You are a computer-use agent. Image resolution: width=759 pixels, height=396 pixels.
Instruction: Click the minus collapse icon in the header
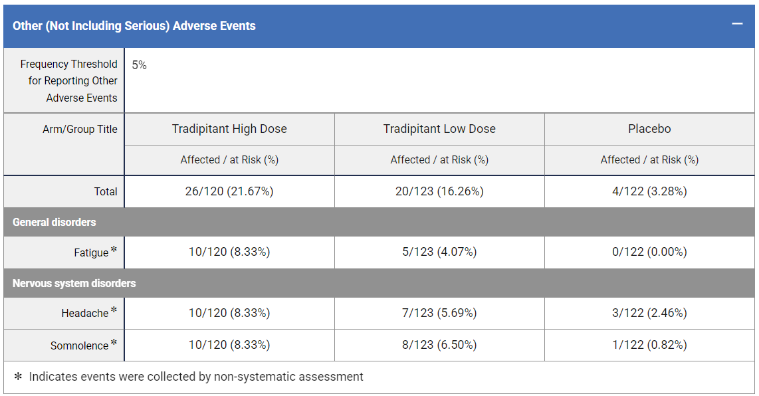click(x=736, y=24)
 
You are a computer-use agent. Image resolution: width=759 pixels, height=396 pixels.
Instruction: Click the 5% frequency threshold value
click(x=139, y=65)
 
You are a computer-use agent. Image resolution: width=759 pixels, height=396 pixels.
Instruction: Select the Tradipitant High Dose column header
click(x=229, y=129)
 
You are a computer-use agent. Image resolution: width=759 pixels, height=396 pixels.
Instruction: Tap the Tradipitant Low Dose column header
click(x=439, y=129)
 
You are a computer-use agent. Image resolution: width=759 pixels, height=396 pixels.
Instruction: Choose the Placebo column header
click(x=649, y=129)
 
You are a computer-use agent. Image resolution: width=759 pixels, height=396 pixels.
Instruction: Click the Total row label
click(x=106, y=191)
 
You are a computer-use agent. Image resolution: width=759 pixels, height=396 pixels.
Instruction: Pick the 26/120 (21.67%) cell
click(x=229, y=191)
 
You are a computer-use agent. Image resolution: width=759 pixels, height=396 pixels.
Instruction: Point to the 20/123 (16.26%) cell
click(x=439, y=191)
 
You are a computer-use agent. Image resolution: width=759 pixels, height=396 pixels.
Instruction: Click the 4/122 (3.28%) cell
click(x=649, y=191)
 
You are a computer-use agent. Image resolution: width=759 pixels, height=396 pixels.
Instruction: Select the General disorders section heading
click(x=54, y=222)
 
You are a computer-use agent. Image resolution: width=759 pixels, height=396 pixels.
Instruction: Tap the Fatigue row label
click(x=91, y=252)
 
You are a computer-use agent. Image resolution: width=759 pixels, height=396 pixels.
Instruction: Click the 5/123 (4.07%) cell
click(x=439, y=252)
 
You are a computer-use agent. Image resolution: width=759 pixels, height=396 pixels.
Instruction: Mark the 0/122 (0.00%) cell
click(x=649, y=252)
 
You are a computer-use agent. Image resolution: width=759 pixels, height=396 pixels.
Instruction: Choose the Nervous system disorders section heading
click(x=74, y=283)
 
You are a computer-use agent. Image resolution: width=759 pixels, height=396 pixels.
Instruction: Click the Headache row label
click(x=85, y=313)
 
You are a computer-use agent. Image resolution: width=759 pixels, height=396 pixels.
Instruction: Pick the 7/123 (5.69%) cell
click(x=439, y=313)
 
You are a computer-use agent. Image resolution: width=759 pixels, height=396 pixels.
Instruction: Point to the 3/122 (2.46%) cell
click(x=649, y=313)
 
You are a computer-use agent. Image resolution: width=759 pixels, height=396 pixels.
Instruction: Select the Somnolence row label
click(x=79, y=346)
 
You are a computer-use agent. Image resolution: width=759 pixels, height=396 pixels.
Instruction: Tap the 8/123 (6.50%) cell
click(x=439, y=346)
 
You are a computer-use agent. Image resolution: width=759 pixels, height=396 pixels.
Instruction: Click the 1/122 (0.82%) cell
click(x=649, y=346)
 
